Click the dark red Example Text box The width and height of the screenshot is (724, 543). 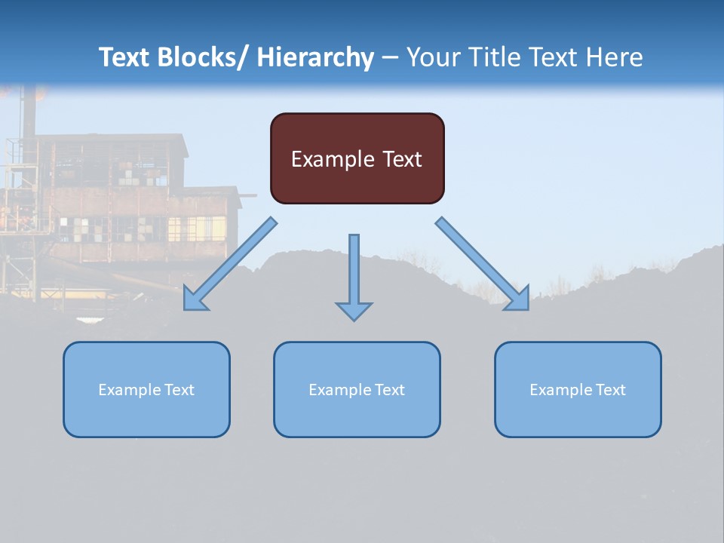click(x=357, y=158)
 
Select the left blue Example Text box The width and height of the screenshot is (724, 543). click(x=146, y=389)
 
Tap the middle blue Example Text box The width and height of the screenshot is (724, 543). click(x=357, y=389)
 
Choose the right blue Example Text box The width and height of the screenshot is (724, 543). click(x=578, y=389)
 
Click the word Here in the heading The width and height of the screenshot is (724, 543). click(x=615, y=57)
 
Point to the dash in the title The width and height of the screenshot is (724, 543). click(x=390, y=57)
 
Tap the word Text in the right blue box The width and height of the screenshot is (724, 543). click(x=610, y=389)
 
